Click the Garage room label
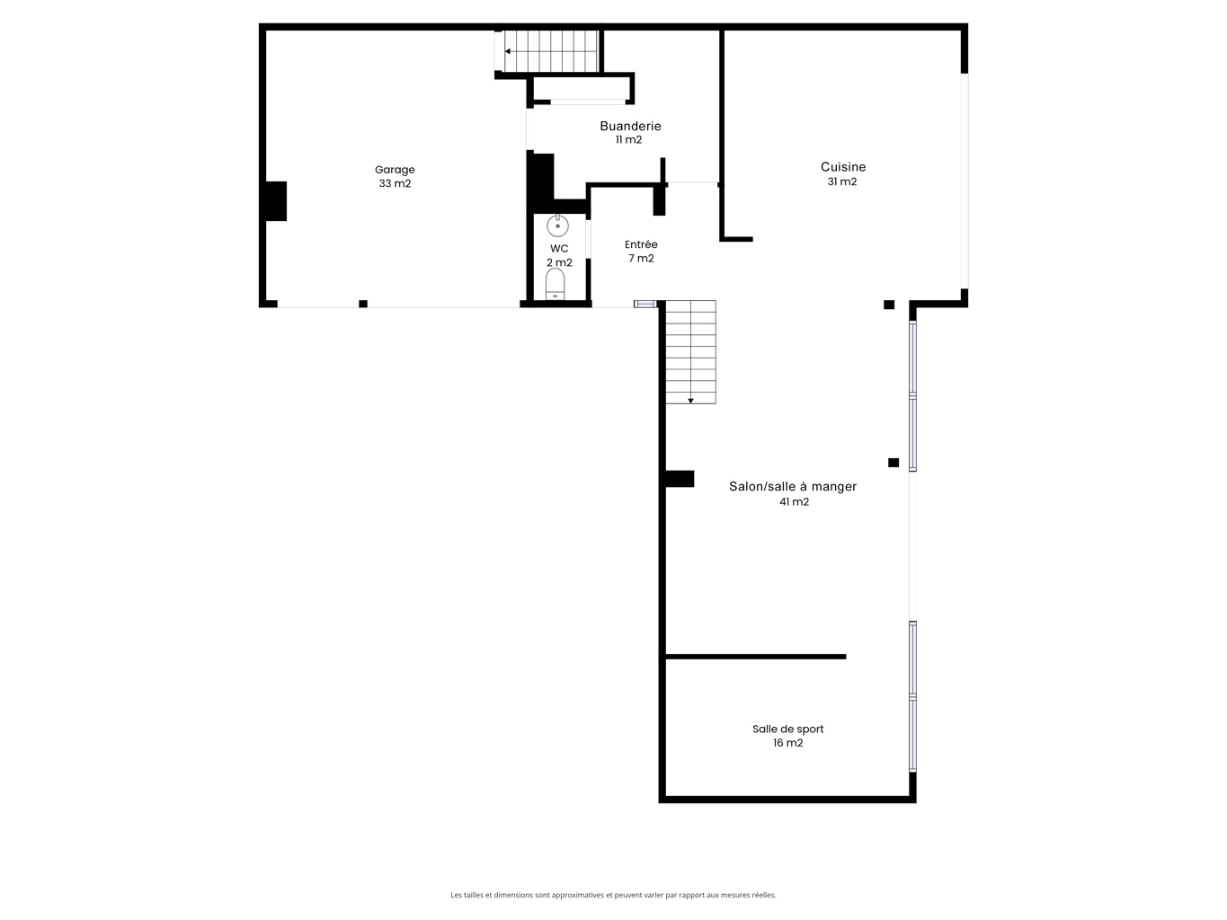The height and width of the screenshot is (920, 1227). point(395,169)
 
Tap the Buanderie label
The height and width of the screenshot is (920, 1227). point(630,127)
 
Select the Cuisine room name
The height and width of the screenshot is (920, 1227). point(843,166)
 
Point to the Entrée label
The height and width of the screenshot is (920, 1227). point(641,244)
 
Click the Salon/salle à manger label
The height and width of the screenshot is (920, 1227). point(793,487)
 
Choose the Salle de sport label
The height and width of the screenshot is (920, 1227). point(787,729)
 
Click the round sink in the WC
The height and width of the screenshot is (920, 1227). point(557,226)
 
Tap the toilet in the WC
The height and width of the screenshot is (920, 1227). point(555,284)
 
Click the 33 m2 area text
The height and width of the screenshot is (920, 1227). point(395,183)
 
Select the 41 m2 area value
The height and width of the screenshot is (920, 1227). point(794,501)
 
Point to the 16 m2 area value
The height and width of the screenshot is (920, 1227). point(787,743)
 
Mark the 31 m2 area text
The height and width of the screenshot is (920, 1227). point(842,181)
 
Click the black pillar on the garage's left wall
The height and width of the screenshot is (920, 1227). point(276,201)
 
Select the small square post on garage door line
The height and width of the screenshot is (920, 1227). point(363,304)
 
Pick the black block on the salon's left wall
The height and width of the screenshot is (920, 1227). point(680,479)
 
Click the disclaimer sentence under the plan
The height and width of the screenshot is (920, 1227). point(613,895)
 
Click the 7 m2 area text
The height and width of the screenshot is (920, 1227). point(641,258)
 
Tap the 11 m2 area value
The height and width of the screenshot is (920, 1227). point(628,139)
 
